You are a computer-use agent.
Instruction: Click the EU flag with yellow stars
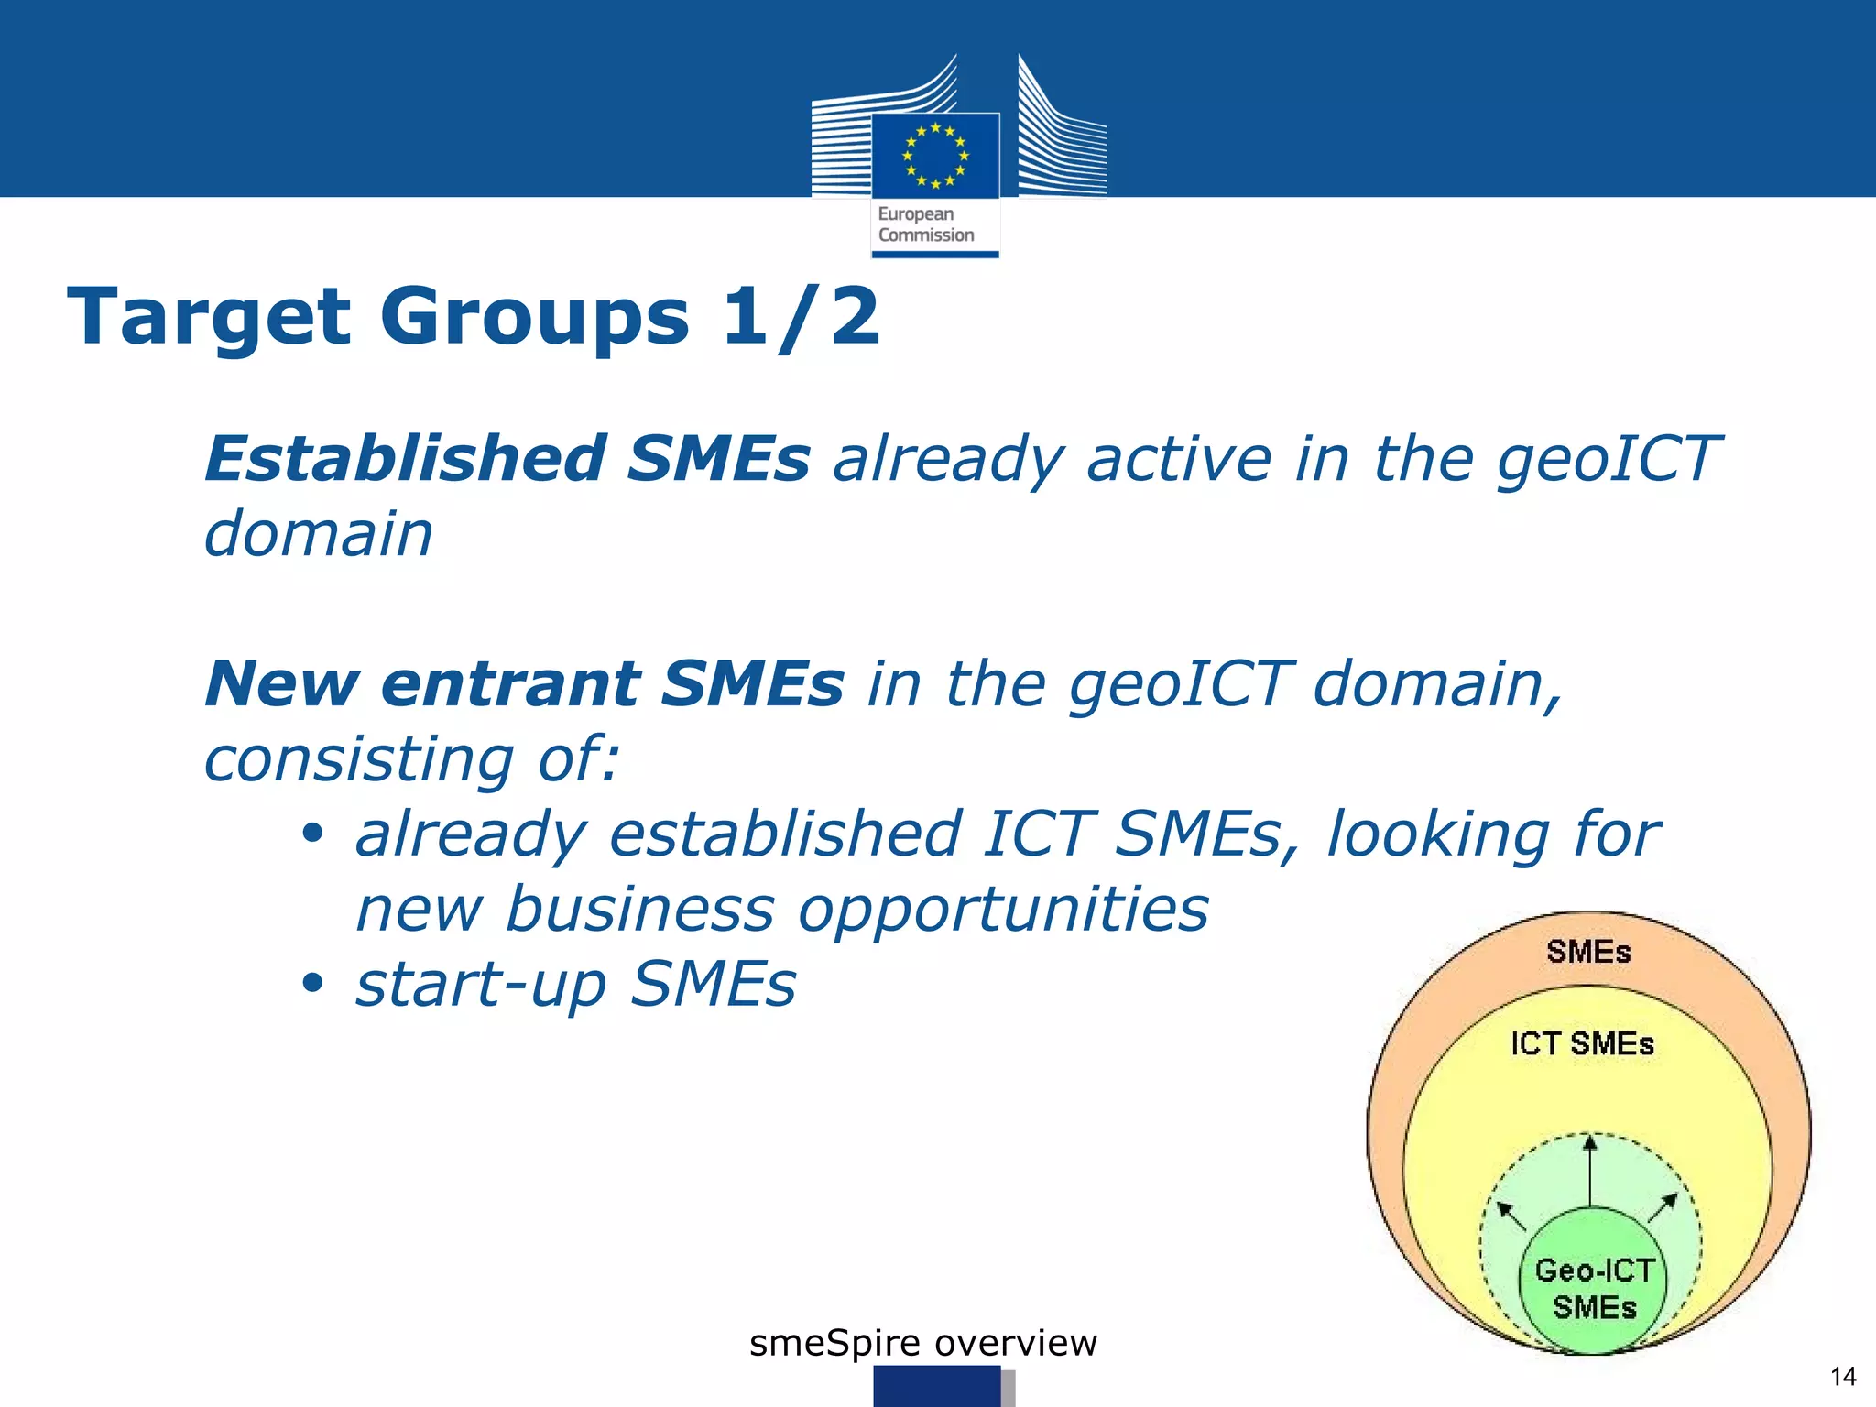click(935, 155)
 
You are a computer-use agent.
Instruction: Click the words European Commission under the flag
click(925, 224)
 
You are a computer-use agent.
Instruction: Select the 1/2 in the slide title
click(801, 317)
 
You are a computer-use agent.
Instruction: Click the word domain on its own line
click(318, 534)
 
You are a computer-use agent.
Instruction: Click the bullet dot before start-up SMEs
click(313, 984)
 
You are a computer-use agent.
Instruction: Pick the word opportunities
click(1003, 910)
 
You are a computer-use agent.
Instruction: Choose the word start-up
click(481, 984)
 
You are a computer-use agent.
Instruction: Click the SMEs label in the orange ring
click(1588, 952)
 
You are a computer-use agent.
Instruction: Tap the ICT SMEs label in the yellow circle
click(1582, 1043)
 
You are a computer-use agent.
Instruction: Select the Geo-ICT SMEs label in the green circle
click(1594, 1288)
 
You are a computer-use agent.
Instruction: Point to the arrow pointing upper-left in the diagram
click(1511, 1216)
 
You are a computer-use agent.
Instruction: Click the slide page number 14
click(1842, 1376)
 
